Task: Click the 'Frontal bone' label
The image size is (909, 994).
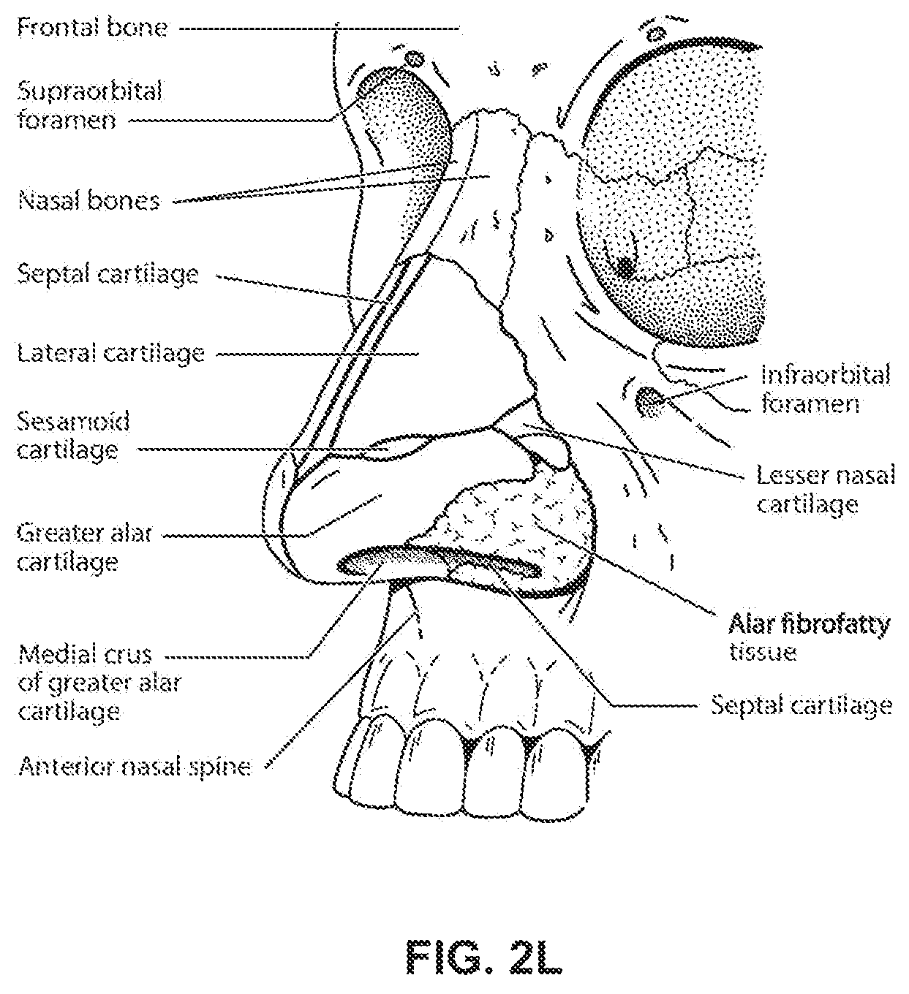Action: [92, 28]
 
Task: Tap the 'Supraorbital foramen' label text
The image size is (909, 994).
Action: [90, 105]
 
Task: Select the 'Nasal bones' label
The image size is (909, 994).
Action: [89, 201]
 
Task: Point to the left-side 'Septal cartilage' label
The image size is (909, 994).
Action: [108, 275]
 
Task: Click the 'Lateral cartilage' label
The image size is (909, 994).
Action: [110, 354]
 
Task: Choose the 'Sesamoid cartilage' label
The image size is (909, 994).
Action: [73, 436]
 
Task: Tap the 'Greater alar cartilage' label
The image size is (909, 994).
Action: [84, 547]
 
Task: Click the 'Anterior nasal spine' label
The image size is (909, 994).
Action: [135, 767]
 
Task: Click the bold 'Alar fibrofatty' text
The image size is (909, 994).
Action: [810, 624]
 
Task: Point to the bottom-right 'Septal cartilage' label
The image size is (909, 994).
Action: [801, 705]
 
